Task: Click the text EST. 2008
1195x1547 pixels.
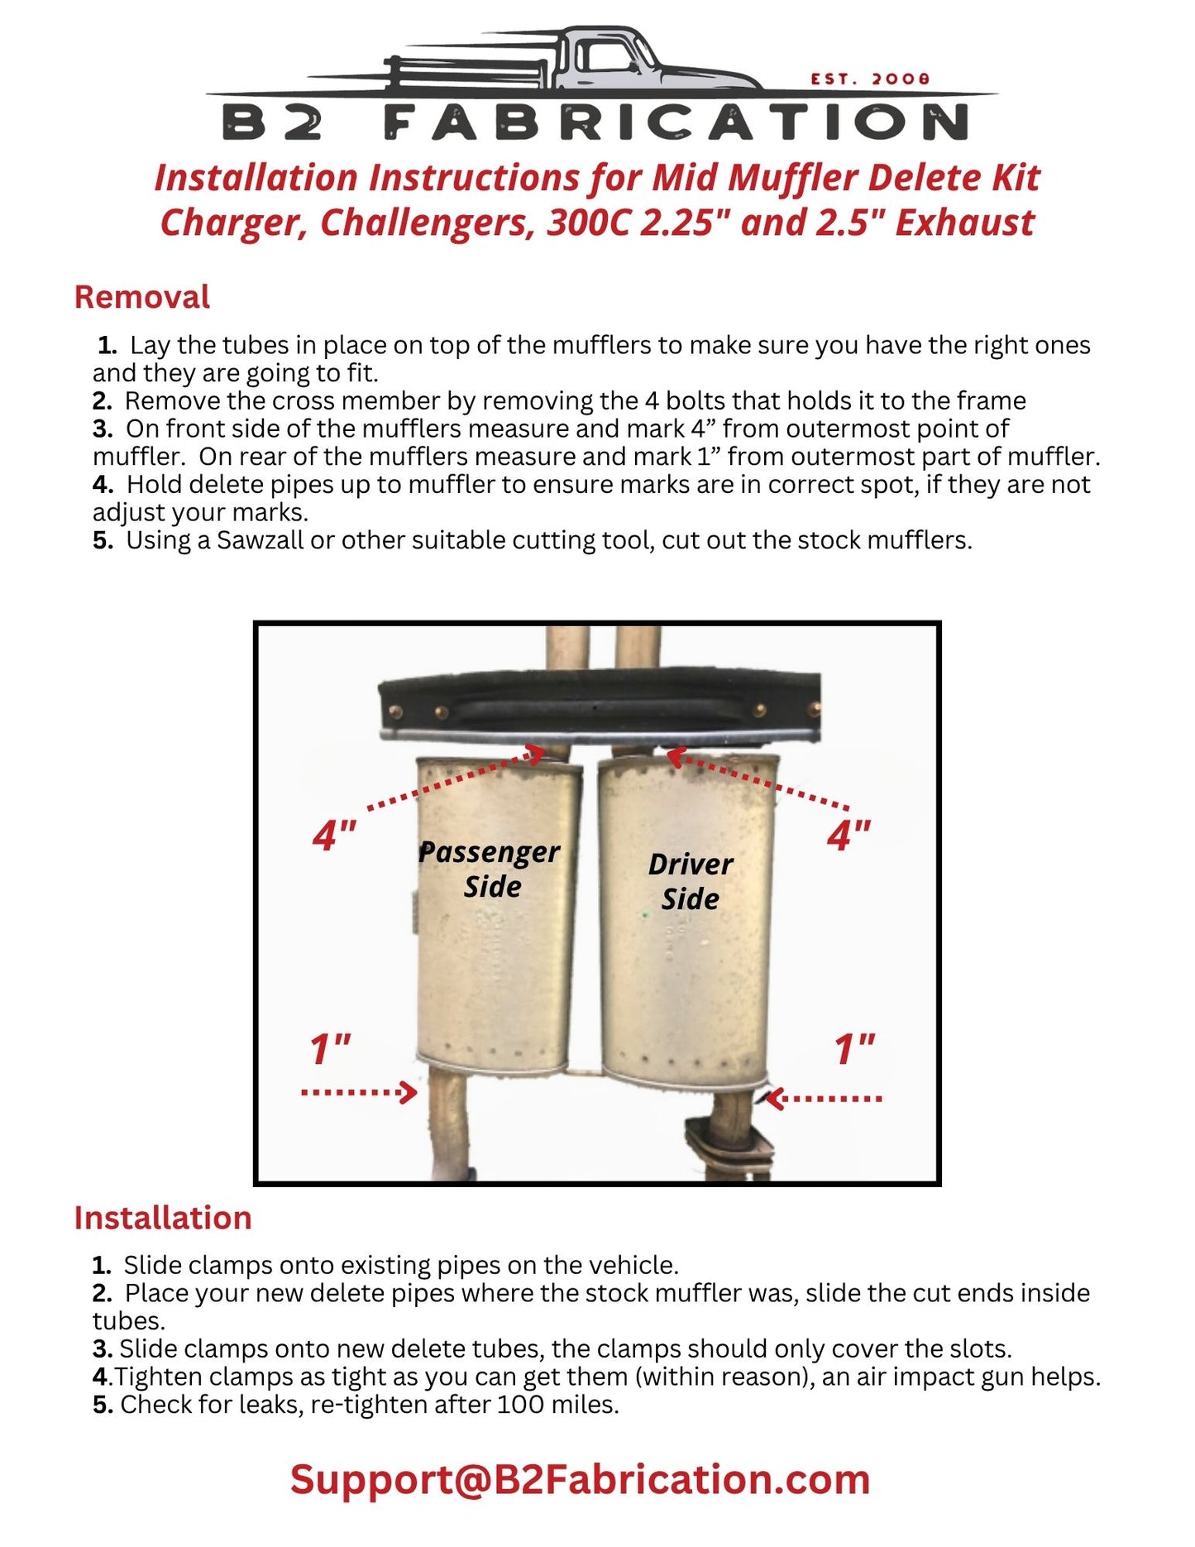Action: [x=870, y=79]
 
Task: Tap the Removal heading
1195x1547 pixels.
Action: [x=142, y=297]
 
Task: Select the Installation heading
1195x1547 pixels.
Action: [x=163, y=1218]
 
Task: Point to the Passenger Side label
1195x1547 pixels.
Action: [x=490, y=869]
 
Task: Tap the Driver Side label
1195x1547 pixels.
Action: [x=690, y=881]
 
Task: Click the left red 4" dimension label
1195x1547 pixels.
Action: [x=334, y=836]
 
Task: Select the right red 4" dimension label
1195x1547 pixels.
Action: [x=848, y=836]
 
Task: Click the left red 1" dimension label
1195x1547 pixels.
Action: [x=330, y=1049]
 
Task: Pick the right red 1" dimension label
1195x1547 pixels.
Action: [x=853, y=1049]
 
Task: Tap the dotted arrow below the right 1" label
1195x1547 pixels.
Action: [x=824, y=1099]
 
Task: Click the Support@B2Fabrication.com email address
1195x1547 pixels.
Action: [x=580, y=1479]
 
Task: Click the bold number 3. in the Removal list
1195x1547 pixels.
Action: [x=103, y=429]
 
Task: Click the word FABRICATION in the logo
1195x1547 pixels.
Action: [x=676, y=123]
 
